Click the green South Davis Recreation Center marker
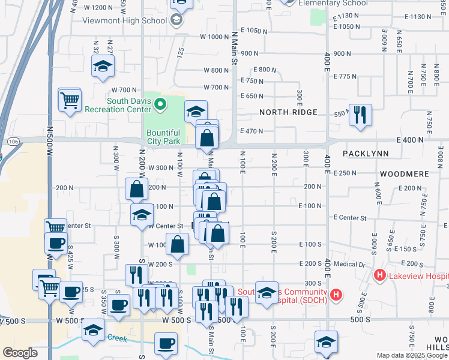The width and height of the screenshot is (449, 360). [x=160, y=106]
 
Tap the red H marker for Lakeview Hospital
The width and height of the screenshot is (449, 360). [x=379, y=276]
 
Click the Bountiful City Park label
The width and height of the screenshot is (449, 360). [x=163, y=137]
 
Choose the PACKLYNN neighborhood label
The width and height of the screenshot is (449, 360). [x=366, y=154]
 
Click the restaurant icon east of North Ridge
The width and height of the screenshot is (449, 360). [x=360, y=114]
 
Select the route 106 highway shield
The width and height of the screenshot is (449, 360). [x=13, y=140]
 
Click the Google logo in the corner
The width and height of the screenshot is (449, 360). [x=20, y=353]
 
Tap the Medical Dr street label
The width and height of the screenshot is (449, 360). [x=351, y=264]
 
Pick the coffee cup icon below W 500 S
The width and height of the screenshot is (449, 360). [x=166, y=344]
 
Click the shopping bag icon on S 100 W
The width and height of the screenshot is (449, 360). [x=178, y=244]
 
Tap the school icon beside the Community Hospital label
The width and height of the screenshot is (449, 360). [x=267, y=292]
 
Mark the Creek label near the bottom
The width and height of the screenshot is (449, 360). [x=117, y=337]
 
